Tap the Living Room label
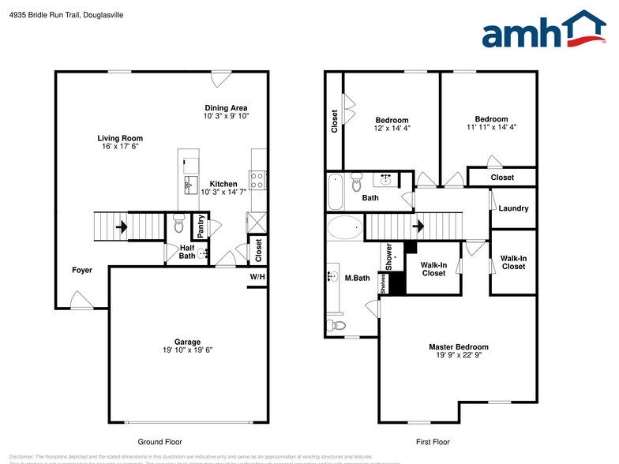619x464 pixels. point(121,138)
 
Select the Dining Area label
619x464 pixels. point(227,108)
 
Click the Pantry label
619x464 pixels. point(202,227)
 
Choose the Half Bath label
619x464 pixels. point(187,251)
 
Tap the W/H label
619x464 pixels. point(257,277)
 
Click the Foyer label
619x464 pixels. point(82,270)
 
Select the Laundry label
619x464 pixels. point(513,208)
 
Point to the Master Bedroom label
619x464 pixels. point(458,346)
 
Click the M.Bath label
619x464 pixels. point(358,277)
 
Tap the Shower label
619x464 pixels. point(388,256)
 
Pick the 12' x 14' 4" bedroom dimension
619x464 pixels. point(392,128)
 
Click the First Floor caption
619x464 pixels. point(432,442)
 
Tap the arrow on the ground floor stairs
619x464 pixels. point(121,227)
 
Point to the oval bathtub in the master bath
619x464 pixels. point(344,229)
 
